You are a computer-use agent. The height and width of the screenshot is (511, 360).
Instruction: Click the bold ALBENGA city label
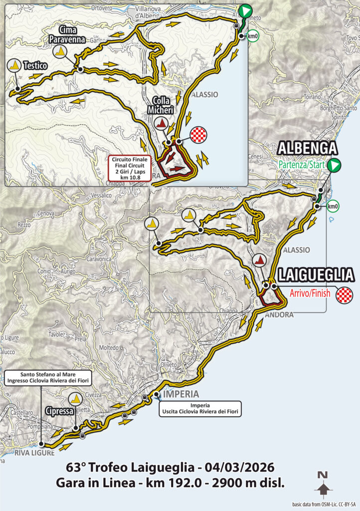point(307,148)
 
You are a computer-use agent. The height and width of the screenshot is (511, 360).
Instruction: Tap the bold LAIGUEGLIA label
point(316,275)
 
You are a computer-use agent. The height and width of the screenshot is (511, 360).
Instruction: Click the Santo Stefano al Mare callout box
point(41,377)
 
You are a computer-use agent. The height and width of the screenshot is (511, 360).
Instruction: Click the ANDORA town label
point(279,315)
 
